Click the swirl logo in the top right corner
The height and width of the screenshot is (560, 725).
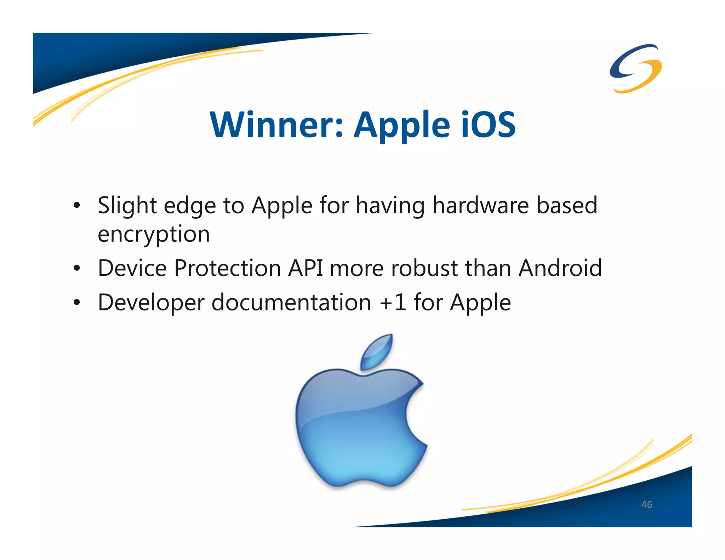coord(636,68)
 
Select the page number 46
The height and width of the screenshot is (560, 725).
coord(646,504)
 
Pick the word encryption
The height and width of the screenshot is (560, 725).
coord(154,234)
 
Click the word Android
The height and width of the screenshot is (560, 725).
coord(560,268)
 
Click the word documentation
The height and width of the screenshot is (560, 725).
coord(291,303)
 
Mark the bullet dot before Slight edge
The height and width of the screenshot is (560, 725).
coord(77,206)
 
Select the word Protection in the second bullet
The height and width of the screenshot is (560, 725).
coord(228,268)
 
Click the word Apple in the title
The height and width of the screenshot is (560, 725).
coord(402,125)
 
